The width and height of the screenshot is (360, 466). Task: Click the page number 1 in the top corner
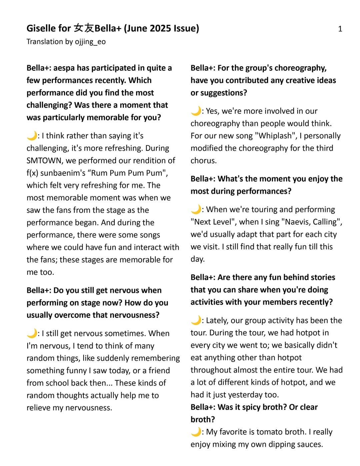tap(340, 29)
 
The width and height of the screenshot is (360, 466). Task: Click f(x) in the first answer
tap(33, 173)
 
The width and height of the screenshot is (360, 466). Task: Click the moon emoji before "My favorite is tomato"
tap(196, 432)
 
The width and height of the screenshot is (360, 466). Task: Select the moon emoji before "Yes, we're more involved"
tap(196, 111)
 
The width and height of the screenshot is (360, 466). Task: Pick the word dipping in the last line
tap(280, 444)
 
